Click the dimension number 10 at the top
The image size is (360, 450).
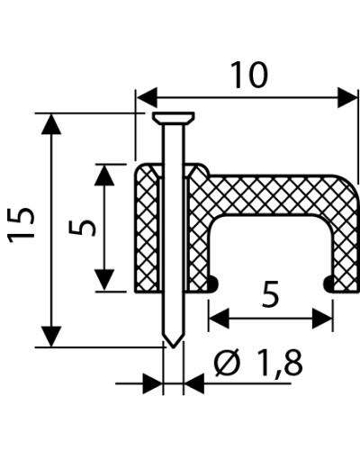point(249,75)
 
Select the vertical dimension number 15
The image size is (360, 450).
point(21,225)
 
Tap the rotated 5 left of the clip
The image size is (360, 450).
point(82,228)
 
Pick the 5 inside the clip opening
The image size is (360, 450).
point(270,294)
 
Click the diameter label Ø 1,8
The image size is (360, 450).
point(258,363)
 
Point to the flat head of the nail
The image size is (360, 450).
point(174,118)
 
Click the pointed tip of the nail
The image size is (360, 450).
point(173,346)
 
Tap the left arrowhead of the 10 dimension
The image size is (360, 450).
point(147,97)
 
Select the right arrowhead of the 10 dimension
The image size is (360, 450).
point(347,97)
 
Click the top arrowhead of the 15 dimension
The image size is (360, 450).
point(51,123)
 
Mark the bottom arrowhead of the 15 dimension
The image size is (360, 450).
point(51,337)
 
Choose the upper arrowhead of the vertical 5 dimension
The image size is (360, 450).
point(104,175)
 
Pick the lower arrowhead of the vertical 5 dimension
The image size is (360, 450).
point(104,280)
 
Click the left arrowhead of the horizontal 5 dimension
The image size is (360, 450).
point(219,318)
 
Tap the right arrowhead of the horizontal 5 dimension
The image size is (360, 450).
point(322,318)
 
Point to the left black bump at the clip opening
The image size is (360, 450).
point(212,283)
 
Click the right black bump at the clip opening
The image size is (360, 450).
point(328,283)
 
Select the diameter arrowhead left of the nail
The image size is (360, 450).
point(152,383)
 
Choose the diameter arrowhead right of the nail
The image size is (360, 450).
point(193,383)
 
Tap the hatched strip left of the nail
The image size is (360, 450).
point(147,228)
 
